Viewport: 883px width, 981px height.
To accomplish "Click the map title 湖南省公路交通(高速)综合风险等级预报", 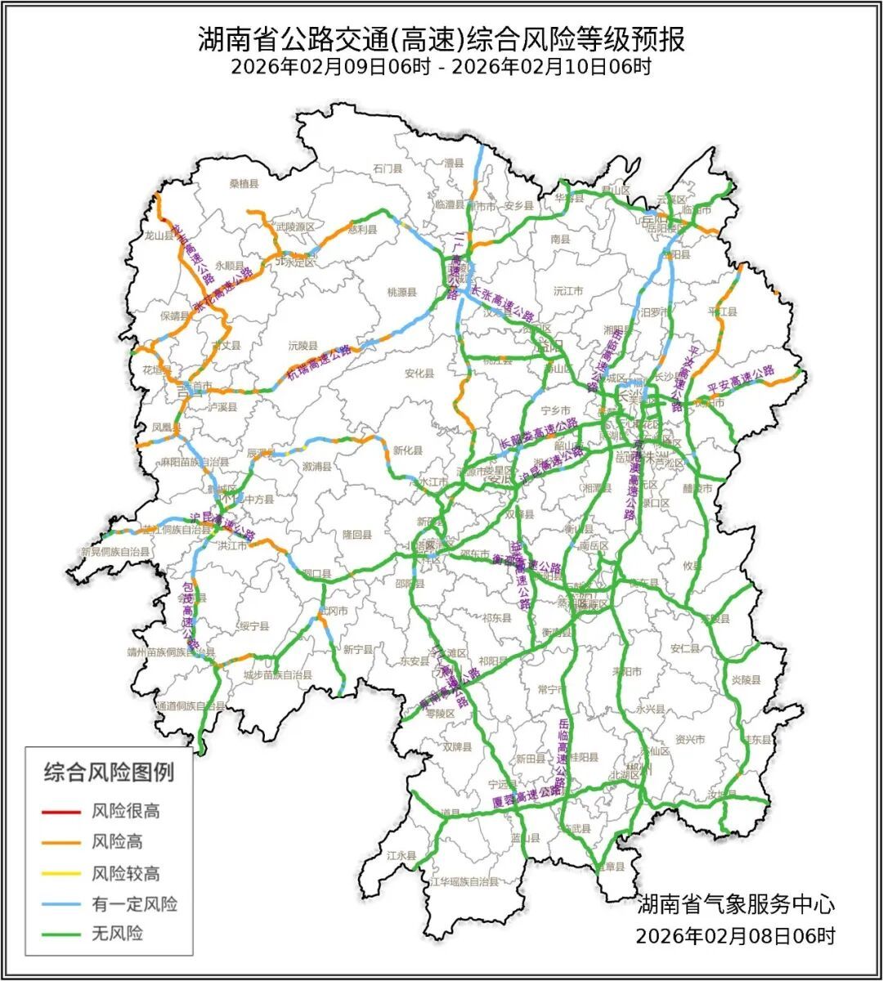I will coord(441,38).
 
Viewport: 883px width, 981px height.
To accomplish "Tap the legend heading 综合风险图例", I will coord(109,771).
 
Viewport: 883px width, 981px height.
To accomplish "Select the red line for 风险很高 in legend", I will coord(61,812).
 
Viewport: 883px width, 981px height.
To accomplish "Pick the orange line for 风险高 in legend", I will coord(61,842).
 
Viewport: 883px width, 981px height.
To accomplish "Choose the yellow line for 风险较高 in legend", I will coord(61,873).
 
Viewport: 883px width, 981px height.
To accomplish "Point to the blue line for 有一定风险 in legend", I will coord(61,903).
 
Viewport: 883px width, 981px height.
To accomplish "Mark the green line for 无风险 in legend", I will coord(61,934).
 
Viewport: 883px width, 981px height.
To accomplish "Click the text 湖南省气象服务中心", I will coord(736,904).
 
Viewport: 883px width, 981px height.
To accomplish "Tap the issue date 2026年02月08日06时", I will coord(736,935).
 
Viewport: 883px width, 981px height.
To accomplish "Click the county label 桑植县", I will coord(244,185).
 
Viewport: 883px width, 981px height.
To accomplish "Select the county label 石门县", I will coord(388,168).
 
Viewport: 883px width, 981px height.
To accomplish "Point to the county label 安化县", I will coord(419,374).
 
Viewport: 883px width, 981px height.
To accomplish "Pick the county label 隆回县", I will coord(356,535).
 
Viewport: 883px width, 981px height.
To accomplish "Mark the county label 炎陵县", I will coord(746,679).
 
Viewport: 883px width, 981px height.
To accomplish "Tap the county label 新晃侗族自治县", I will coord(115,553).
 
